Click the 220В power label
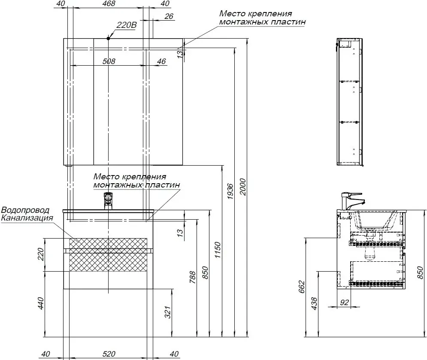point(126,25)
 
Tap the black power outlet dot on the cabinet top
point(109,38)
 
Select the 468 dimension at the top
point(109,3)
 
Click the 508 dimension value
point(109,61)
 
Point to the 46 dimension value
point(161,61)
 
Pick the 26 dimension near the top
point(169,16)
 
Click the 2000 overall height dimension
point(242,187)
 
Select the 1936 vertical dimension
point(230,191)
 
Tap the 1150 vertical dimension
point(217,250)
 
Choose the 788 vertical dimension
point(193,277)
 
